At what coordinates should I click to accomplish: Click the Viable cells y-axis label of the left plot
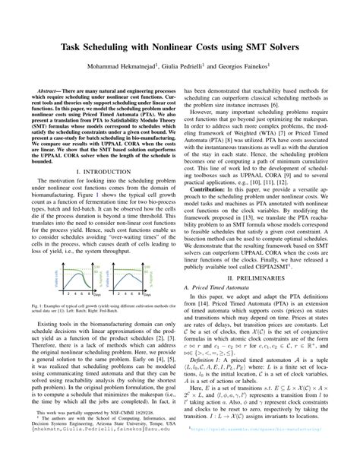tap(52, 266)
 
